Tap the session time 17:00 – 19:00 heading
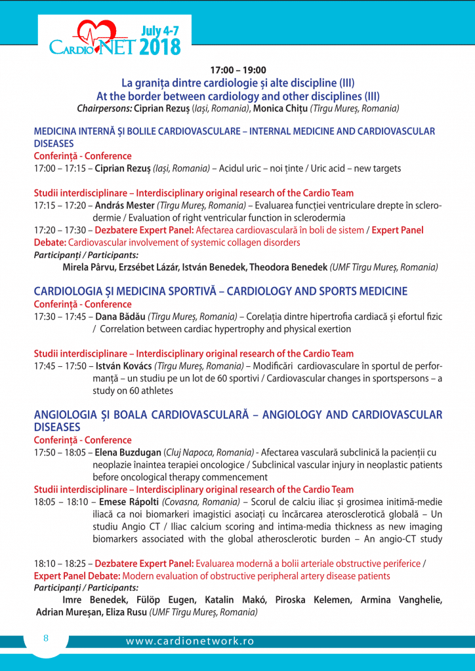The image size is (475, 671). pos(237,70)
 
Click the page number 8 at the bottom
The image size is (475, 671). pos(46,638)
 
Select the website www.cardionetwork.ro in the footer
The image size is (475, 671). pos(190,642)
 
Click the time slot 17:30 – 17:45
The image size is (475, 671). pos(62,316)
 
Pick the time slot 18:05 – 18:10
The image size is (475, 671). pos(62,502)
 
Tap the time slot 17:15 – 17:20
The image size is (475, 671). pos(62,205)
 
